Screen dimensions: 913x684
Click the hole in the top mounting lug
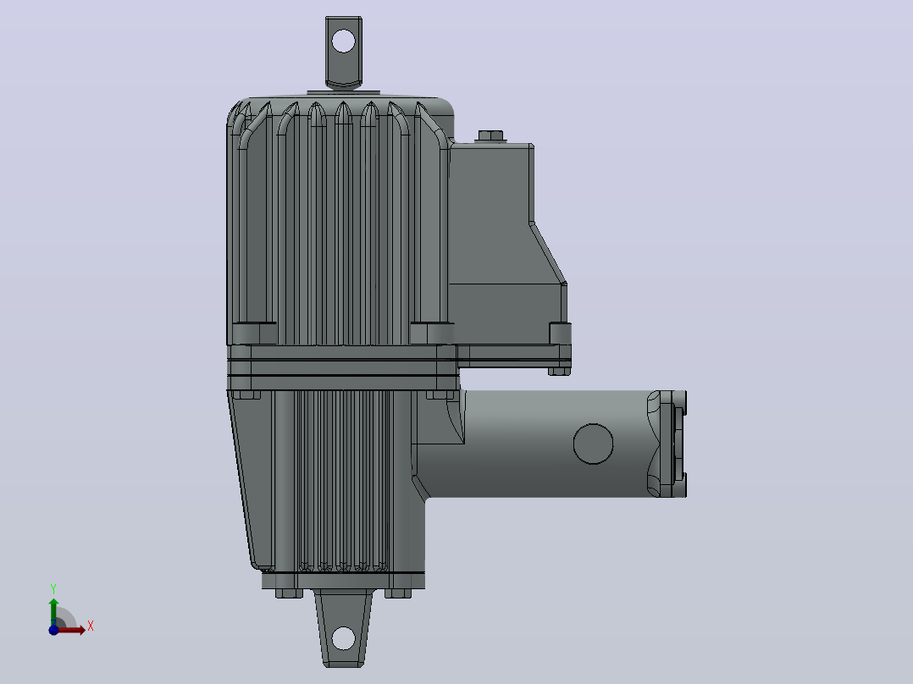(x=343, y=41)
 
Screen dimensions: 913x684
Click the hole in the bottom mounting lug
(x=344, y=638)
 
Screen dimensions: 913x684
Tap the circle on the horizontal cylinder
(x=594, y=444)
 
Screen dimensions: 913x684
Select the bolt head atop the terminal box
(x=491, y=135)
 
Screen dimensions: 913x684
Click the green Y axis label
(x=53, y=589)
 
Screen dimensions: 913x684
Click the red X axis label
(x=91, y=626)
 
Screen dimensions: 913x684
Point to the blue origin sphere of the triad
(x=53, y=630)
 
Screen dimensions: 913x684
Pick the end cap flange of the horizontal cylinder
(x=667, y=444)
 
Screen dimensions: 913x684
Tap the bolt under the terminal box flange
(x=559, y=371)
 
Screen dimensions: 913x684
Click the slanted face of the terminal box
(x=548, y=252)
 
